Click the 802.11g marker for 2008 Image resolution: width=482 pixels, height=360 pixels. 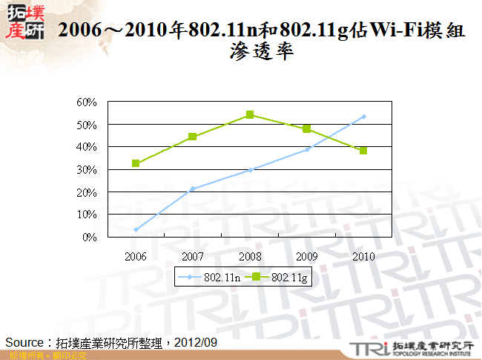pos(250,114)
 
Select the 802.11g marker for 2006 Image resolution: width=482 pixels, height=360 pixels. pos(136,163)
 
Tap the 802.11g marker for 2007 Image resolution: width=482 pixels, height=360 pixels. pos(193,137)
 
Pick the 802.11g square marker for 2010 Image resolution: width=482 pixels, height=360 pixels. pos(363,150)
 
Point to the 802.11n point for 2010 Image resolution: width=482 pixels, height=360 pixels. pos(363,117)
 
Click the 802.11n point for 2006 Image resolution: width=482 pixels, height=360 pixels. pos(136,229)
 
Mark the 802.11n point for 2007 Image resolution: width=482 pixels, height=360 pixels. pos(193,189)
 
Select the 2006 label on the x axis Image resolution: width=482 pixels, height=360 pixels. pos(136,255)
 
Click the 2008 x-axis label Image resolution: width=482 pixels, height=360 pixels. pos(250,255)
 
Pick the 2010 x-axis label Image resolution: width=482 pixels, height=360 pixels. pos(363,255)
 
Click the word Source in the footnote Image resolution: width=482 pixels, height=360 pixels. pos(26,342)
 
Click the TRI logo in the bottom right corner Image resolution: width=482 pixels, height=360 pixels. pos(369,348)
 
